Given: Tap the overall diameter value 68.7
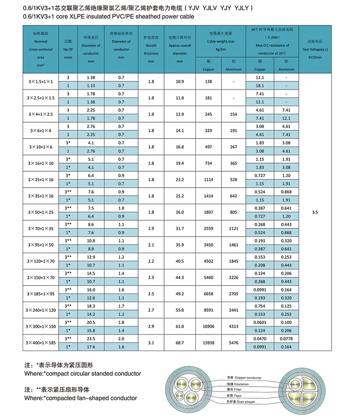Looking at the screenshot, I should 180,342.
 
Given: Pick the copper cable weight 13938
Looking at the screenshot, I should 208,342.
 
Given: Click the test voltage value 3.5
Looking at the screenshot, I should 315,212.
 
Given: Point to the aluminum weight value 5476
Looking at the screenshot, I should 233,342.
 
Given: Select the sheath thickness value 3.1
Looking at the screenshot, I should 151,342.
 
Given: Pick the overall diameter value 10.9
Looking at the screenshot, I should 180,82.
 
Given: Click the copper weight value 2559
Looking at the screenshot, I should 208,228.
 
